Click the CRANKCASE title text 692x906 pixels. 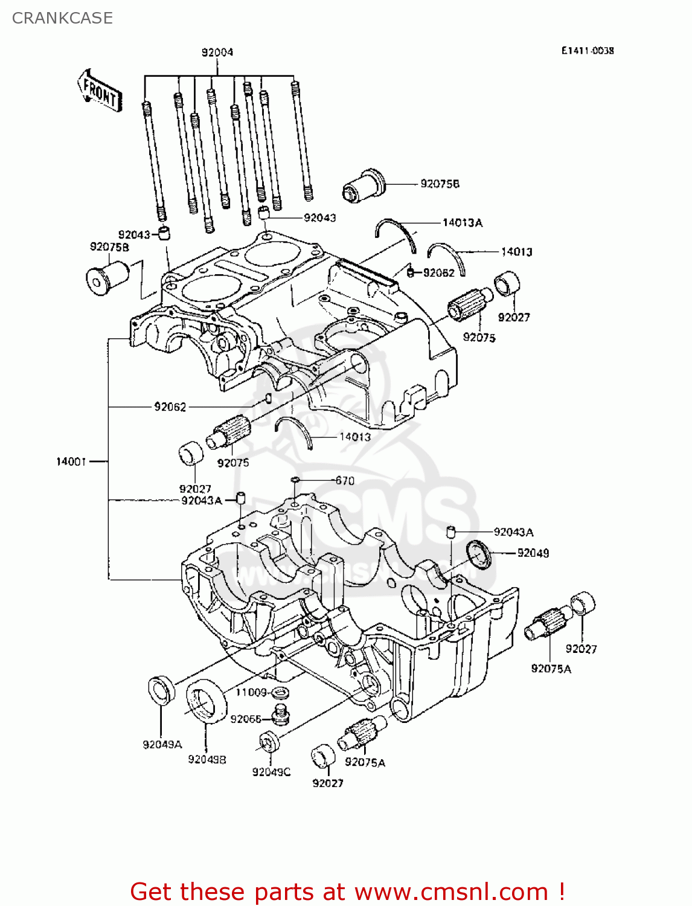click(62, 18)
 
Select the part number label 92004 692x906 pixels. click(217, 53)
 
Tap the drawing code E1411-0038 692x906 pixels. click(587, 51)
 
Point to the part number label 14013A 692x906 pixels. click(463, 223)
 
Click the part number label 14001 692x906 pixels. click(71, 461)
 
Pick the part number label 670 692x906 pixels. click(345, 481)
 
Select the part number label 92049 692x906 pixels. click(533, 553)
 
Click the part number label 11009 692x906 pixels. click(251, 692)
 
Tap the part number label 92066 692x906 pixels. click(246, 719)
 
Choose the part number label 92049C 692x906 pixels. click(271, 772)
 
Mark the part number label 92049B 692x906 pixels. click(207, 759)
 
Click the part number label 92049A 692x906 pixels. click(162, 745)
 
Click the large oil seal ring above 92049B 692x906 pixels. click(206, 700)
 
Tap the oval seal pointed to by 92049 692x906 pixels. click(479, 554)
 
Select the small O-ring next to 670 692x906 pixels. click(295, 480)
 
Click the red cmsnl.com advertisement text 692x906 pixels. click(348, 892)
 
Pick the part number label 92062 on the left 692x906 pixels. click(170, 407)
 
